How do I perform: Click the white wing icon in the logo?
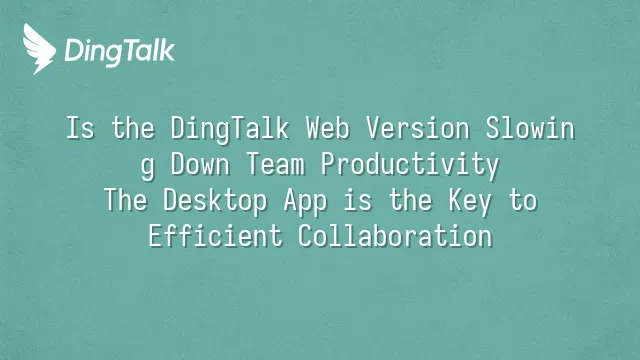click(39, 49)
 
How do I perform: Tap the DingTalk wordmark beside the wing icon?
click(120, 52)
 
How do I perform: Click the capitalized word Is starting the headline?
click(80, 128)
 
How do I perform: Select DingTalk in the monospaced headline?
click(229, 130)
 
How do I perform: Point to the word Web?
click(328, 128)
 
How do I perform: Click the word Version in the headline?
click(418, 128)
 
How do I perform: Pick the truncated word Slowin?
click(530, 128)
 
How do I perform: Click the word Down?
click(200, 164)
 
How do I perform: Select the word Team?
click(276, 164)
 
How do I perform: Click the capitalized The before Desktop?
click(125, 200)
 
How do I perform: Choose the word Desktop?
click(215, 202)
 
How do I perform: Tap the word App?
click(305, 202)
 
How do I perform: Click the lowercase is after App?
click(358, 200)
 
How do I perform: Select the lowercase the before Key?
click(410, 200)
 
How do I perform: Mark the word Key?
click(470, 202)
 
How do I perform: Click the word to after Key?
click(522, 200)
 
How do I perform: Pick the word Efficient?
click(215, 236)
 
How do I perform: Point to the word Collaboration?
click(395, 236)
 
